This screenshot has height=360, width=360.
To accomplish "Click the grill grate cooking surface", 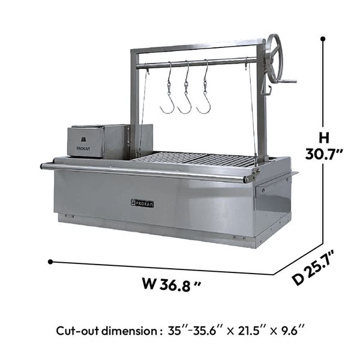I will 197,160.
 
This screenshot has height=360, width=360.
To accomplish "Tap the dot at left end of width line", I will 50,262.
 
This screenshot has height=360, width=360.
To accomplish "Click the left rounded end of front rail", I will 44,166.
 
